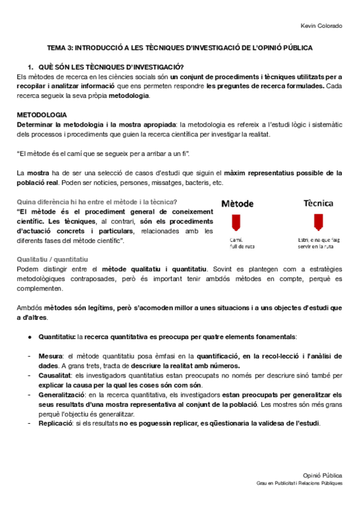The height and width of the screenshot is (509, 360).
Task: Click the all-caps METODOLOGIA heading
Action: pyautogui.click(x=42, y=115)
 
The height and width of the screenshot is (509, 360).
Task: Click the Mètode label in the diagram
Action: pyautogui.click(x=238, y=203)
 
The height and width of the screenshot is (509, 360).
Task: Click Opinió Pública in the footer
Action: pyautogui.click(x=324, y=474)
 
